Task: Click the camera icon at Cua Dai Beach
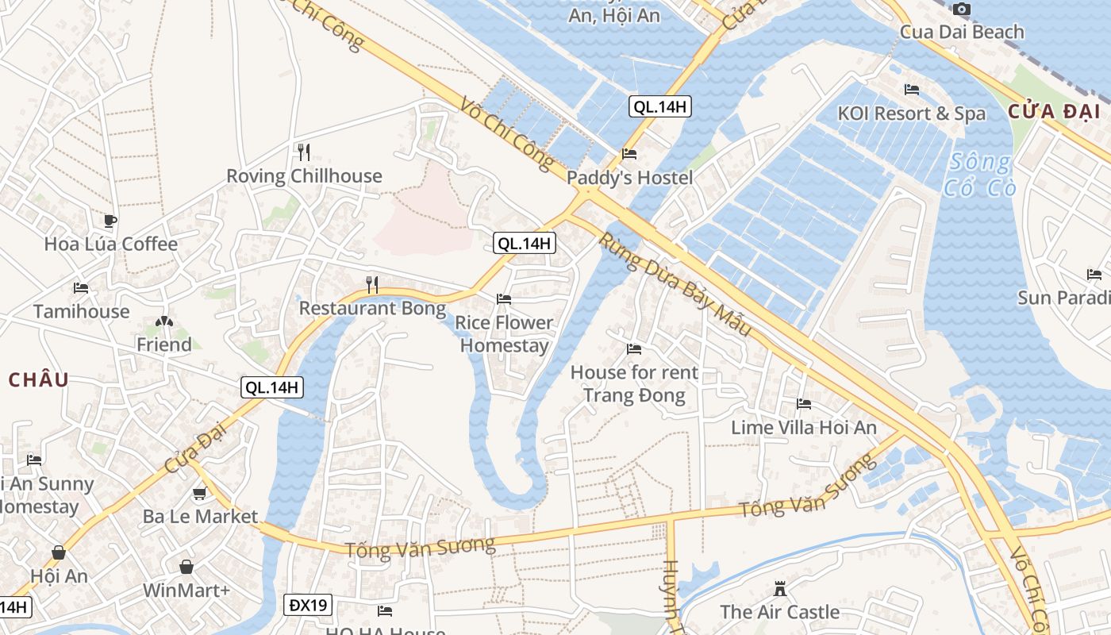pos(961,9)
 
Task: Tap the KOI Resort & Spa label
pos(911,114)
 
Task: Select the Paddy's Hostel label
pos(629,178)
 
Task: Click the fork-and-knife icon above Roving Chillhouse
pos(304,151)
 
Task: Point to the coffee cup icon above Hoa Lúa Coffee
pos(110,220)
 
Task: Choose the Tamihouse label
pos(81,311)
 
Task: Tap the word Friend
pos(164,344)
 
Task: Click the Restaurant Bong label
pos(372,308)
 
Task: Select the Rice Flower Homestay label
pos(504,334)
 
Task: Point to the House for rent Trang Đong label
pos(634,383)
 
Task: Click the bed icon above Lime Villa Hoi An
pos(804,404)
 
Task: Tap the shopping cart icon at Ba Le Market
pos(200,494)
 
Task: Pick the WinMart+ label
pos(186,591)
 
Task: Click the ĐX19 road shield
pos(308,606)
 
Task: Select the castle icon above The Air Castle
pos(780,589)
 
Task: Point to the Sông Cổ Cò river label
pos(979,175)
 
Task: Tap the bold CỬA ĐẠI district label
pos(1055,112)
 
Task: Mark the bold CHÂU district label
pos(39,379)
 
